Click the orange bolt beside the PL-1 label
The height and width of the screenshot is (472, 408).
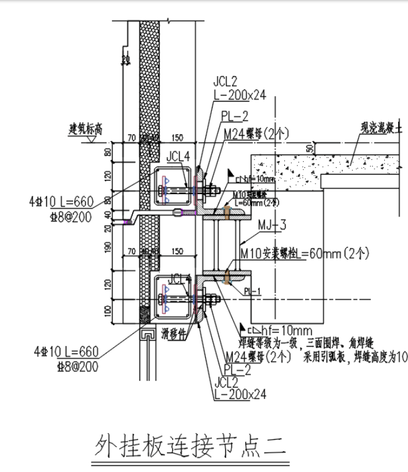(x=227, y=277)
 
